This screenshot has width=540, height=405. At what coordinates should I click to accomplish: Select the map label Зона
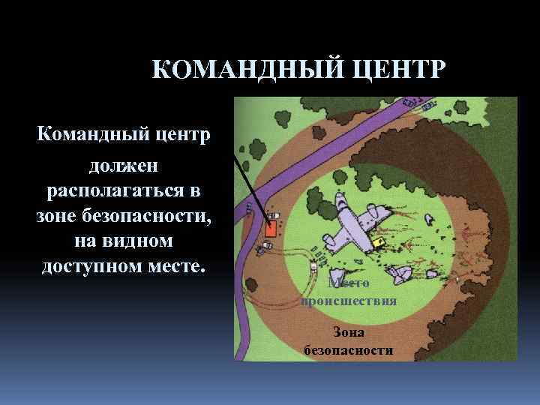tap(349, 334)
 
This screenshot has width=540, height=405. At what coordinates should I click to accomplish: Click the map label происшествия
tap(348, 301)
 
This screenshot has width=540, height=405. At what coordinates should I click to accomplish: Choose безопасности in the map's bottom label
tap(349, 350)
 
